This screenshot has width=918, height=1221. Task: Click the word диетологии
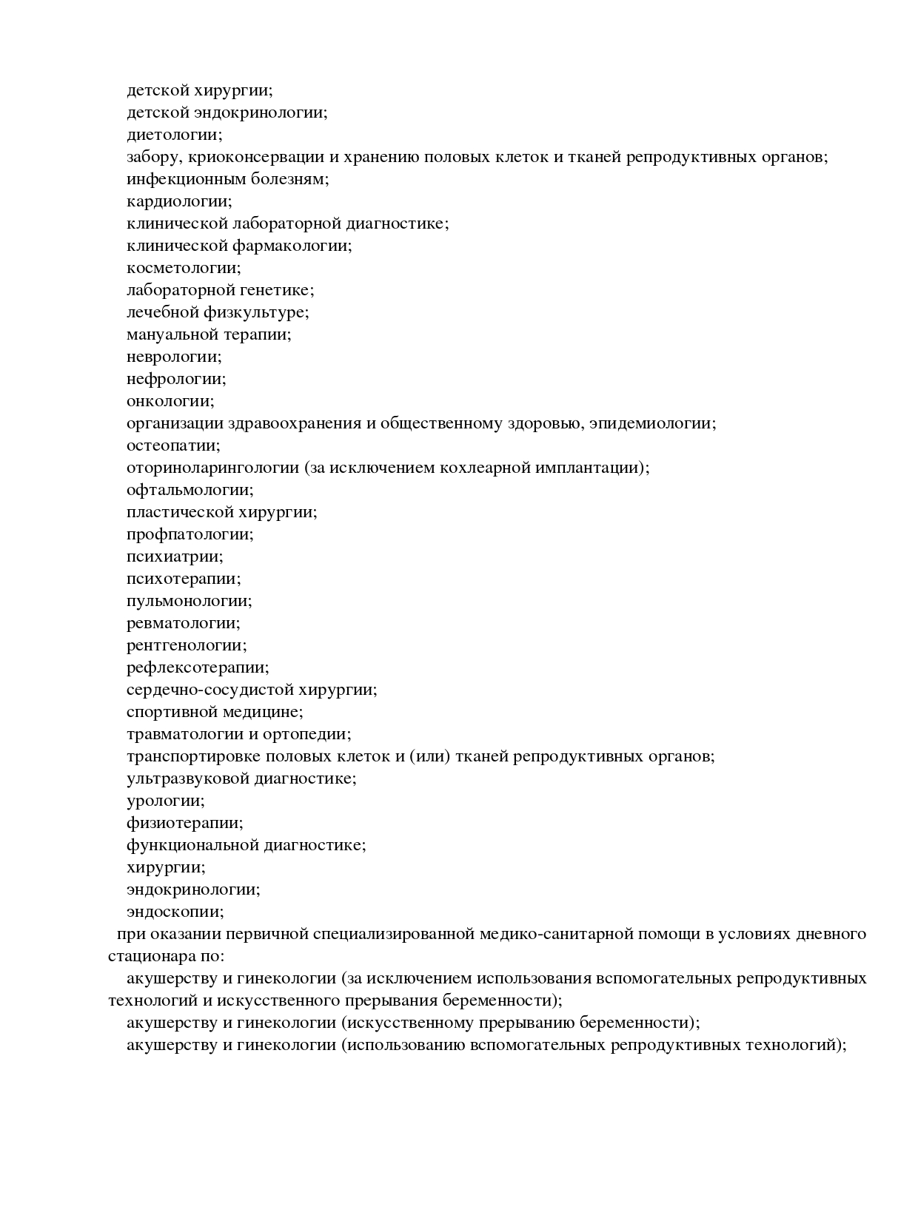(174, 135)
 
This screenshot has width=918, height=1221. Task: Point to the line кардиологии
(179, 201)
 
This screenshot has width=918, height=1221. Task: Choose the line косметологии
(184, 268)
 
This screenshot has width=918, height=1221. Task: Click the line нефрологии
(176, 379)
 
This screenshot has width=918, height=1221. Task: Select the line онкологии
(170, 401)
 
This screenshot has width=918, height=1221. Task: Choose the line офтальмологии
(190, 490)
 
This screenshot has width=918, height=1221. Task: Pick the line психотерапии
(184, 579)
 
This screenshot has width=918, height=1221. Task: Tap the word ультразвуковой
(189, 778)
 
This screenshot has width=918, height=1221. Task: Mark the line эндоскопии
(175, 912)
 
